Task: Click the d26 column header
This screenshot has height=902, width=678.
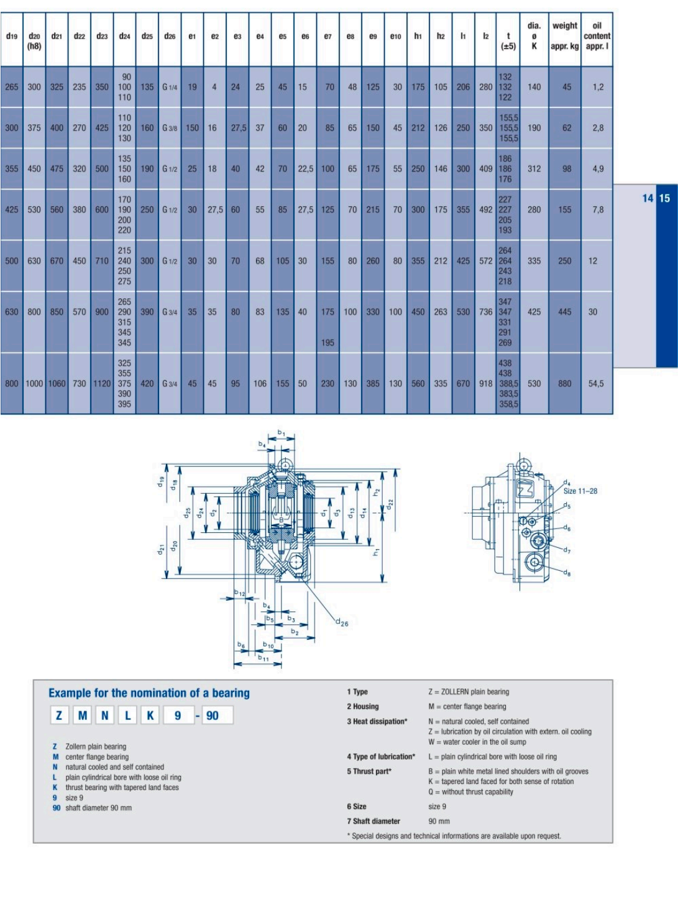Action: pos(170,37)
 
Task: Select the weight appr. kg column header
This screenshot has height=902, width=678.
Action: pos(565,36)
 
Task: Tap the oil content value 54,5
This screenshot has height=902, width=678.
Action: pos(596,383)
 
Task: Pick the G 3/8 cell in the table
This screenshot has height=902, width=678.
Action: pos(170,128)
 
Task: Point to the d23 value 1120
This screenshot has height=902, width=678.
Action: pos(102,383)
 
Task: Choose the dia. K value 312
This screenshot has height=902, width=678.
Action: pos(534,169)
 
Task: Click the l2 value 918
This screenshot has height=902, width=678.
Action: pos(485,383)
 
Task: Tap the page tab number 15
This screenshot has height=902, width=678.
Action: pos(664,199)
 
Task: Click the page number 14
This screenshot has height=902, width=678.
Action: pos(648,199)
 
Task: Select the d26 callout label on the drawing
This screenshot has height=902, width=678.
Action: pos(341,622)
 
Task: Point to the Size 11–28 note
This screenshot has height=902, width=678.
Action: pos(580,491)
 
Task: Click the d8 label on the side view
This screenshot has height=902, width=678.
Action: pos(567,572)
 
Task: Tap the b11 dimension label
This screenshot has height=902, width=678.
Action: pos(263,658)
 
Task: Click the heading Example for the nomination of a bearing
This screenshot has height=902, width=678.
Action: pos(149,693)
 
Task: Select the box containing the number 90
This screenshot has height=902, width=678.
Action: pos(218,716)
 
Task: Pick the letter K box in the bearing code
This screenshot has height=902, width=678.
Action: pos(150,716)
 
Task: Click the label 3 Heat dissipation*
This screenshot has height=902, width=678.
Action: pos(377,722)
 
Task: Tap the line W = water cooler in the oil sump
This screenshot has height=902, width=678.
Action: pos(477,742)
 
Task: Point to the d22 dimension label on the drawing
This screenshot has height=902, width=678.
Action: pos(390,504)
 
